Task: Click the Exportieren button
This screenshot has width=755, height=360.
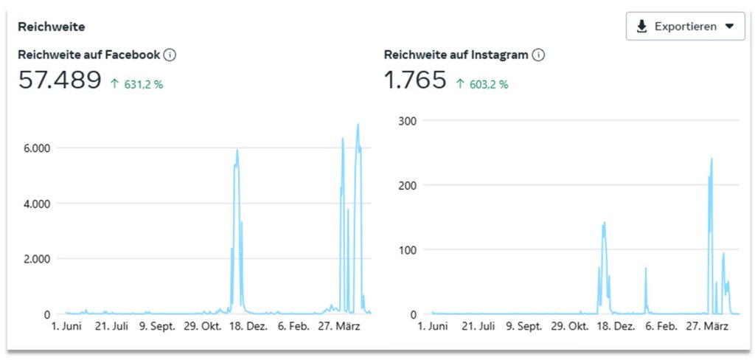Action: click(685, 27)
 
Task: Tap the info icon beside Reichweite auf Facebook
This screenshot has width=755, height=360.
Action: click(170, 55)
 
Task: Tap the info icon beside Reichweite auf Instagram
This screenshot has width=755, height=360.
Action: click(538, 55)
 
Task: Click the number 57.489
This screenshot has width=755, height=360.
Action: click(60, 80)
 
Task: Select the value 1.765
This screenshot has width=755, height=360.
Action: click(415, 80)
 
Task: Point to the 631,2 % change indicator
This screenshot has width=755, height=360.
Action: click(138, 84)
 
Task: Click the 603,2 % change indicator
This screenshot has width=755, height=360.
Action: click(482, 84)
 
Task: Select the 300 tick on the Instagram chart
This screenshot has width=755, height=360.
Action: click(408, 120)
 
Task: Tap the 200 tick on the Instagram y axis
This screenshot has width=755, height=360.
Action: click(408, 185)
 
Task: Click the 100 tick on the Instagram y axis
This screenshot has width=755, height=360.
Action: click(408, 250)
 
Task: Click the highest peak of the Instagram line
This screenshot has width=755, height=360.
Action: click(711, 159)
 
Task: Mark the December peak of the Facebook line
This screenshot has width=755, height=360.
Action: click(237, 150)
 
